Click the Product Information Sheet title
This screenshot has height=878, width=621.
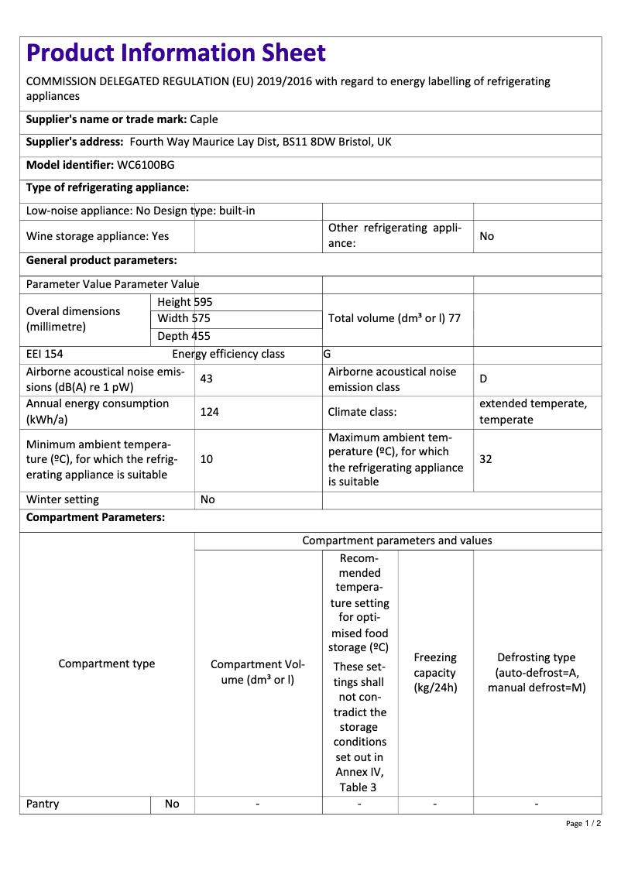pyautogui.click(x=176, y=53)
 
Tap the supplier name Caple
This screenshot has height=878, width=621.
pyautogui.click(x=204, y=119)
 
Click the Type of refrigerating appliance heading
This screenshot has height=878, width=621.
pyautogui.click(x=108, y=187)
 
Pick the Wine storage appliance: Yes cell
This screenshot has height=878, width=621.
pyautogui.click(x=98, y=236)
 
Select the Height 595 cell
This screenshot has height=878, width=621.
pyautogui.click(x=184, y=302)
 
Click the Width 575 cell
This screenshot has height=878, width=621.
pyautogui.click(x=184, y=318)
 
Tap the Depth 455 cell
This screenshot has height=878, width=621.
pyautogui.click(x=184, y=336)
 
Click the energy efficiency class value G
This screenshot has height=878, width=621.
pyautogui.click(x=328, y=354)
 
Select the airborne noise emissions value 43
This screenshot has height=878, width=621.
pyautogui.click(x=207, y=379)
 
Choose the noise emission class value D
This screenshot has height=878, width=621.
pyautogui.click(x=483, y=379)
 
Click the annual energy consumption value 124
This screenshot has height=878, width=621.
pyautogui.click(x=209, y=412)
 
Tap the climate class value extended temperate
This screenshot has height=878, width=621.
pyautogui.click(x=533, y=404)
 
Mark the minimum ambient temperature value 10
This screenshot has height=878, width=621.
pyautogui.click(x=207, y=459)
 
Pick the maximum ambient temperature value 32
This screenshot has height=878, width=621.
pyautogui.click(x=485, y=459)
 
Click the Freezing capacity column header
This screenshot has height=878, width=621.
pyautogui.click(x=435, y=672)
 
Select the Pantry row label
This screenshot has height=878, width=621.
pyautogui.click(x=43, y=804)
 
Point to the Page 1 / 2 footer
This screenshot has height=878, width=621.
pyautogui.click(x=583, y=823)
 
